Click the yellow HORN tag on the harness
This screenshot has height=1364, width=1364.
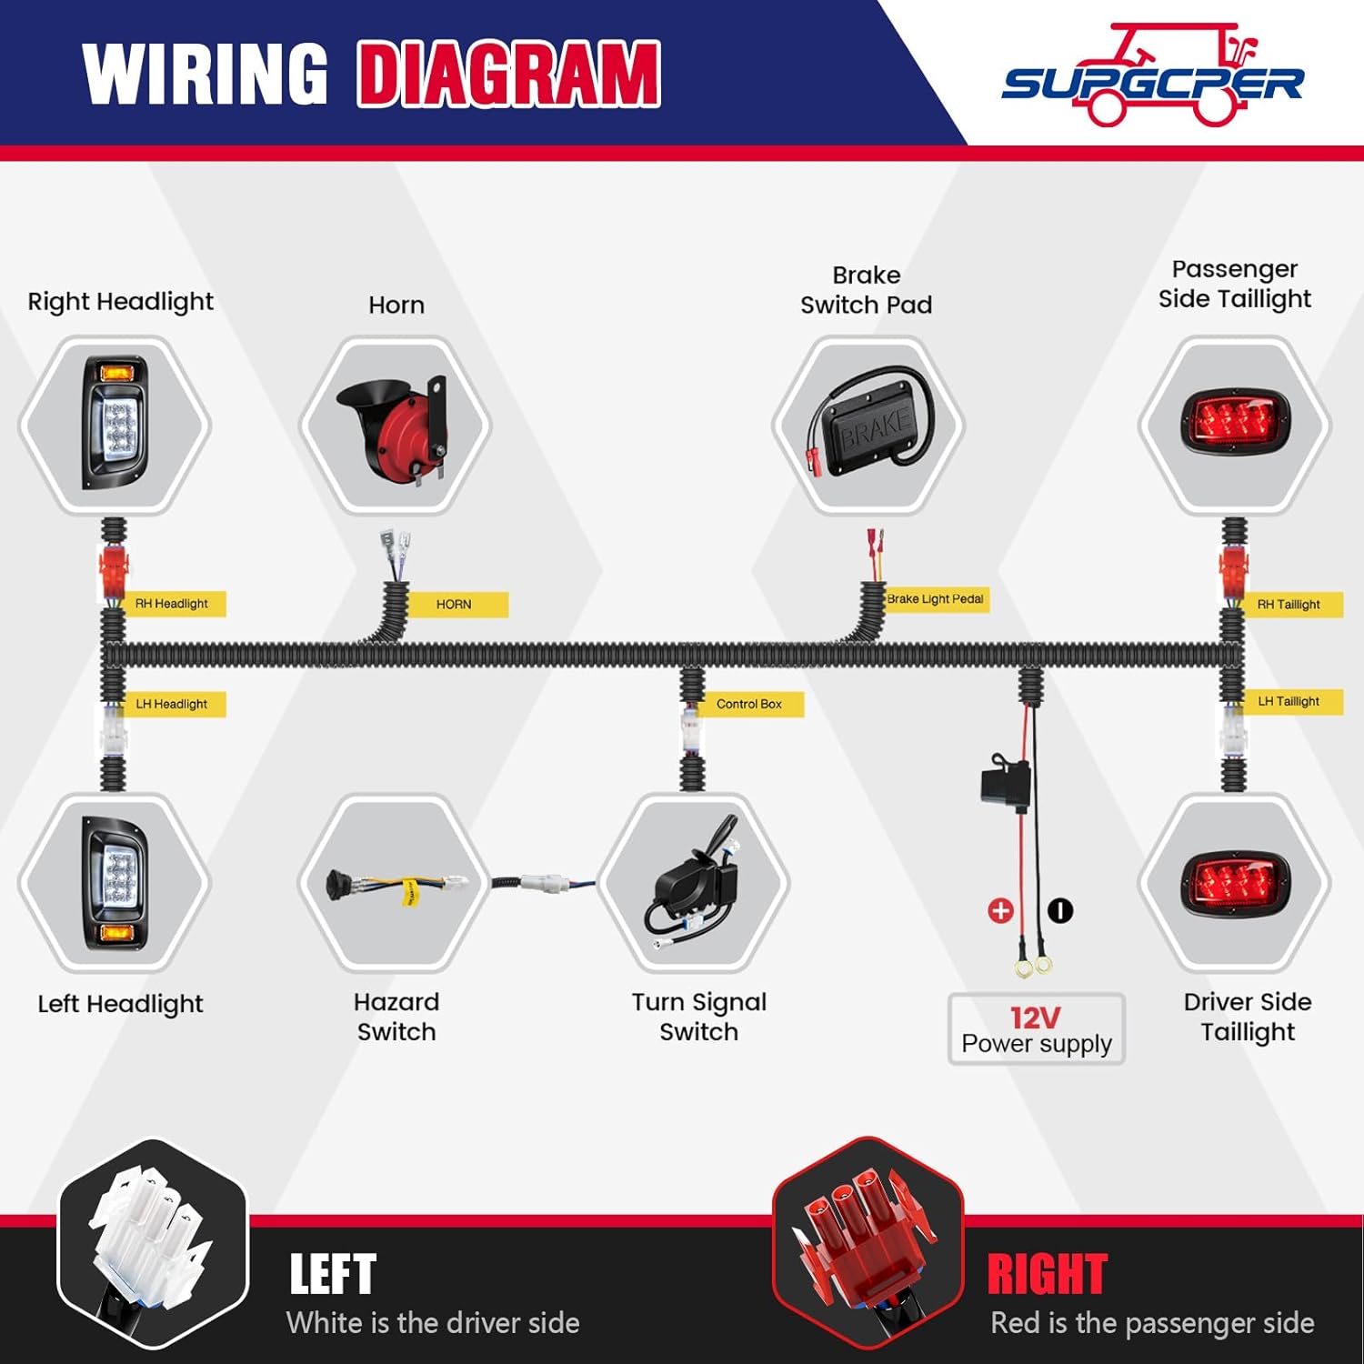[x=456, y=605]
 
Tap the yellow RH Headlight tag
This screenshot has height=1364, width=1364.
[x=173, y=604]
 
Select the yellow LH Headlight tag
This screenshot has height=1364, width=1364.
[x=173, y=704]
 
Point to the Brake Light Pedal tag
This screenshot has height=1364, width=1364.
[x=935, y=599]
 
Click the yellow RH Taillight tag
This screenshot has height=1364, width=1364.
[x=1289, y=605]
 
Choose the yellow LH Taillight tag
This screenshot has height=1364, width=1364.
[x=1289, y=701]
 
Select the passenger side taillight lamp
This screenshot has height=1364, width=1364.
[x=1235, y=424]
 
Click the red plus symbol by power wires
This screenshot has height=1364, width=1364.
[x=1000, y=910]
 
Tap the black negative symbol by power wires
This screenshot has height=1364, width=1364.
[x=1060, y=910]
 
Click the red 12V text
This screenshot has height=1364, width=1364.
[x=1035, y=1018]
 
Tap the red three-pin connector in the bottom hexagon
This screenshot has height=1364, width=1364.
[x=864, y=1237]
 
